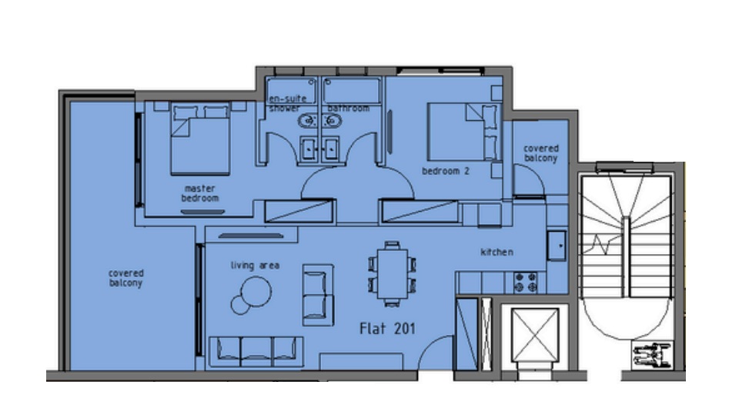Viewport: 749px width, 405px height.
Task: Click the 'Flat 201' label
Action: pos(388,329)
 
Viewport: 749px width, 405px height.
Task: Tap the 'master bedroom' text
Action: pos(199,193)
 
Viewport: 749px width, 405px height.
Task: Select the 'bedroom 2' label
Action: pos(445,171)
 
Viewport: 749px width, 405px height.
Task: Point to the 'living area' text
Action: pos(255,266)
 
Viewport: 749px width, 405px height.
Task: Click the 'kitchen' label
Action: pos(497,253)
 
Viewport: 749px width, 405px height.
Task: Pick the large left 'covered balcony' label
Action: pos(126,278)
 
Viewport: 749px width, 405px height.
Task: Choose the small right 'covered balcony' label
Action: pos(540,153)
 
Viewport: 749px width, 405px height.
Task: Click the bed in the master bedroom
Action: pos(200,139)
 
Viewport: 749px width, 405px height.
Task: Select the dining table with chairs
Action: pos(393,274)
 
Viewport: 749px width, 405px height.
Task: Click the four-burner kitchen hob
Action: pos(526,283)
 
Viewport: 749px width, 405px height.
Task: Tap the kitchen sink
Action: pos(557,246)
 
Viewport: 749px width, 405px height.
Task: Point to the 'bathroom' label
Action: pos(348,109)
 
